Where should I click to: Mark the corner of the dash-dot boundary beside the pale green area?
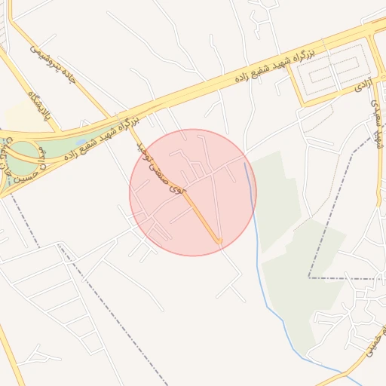[309, 277]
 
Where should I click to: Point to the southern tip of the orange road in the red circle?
[219, 243]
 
